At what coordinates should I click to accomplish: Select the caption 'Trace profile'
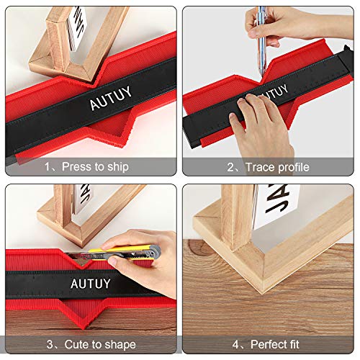coord(278,167)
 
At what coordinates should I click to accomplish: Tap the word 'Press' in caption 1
coord(76,167)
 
